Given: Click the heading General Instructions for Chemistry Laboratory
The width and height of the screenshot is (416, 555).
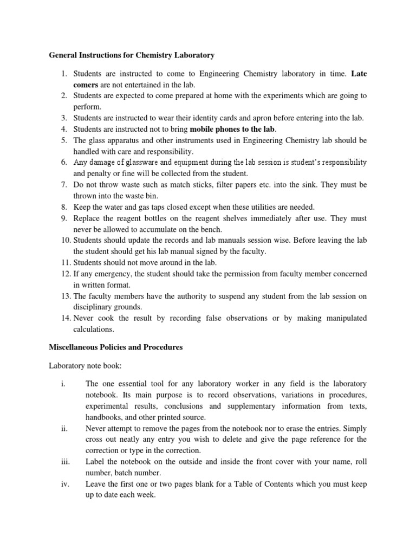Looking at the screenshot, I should click(x=132, y=55).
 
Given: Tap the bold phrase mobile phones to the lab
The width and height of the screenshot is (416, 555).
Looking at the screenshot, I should click(x=232, y=129).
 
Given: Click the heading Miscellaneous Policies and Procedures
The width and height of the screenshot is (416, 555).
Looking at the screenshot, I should click(x=116, y=347).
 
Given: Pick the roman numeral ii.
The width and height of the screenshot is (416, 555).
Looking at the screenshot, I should click(x=63, y=428).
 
